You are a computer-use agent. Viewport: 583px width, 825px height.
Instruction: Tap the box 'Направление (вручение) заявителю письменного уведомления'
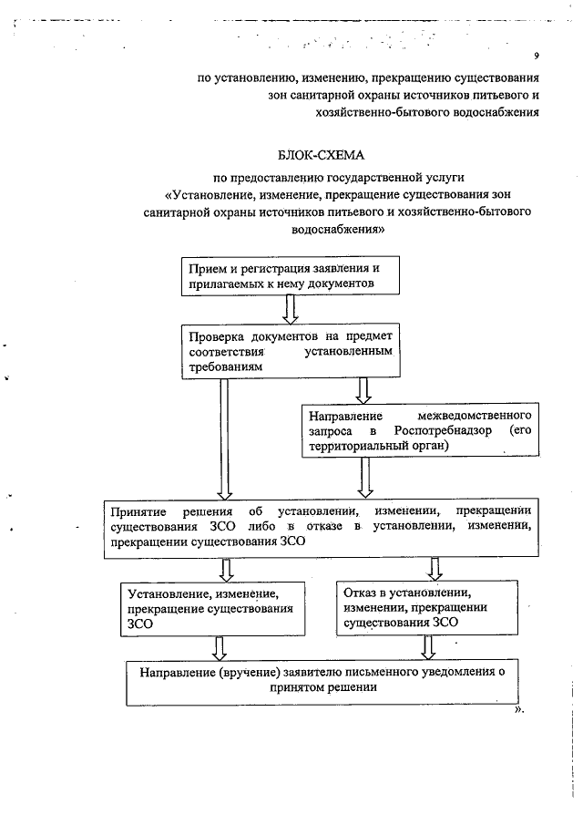pos(322,680)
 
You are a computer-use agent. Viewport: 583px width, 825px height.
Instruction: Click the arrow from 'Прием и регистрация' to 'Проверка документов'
pos(291,311)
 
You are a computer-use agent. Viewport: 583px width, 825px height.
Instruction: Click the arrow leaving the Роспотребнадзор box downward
pos(364,477)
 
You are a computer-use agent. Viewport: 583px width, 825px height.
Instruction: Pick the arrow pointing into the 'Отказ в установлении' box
pos(435,569)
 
